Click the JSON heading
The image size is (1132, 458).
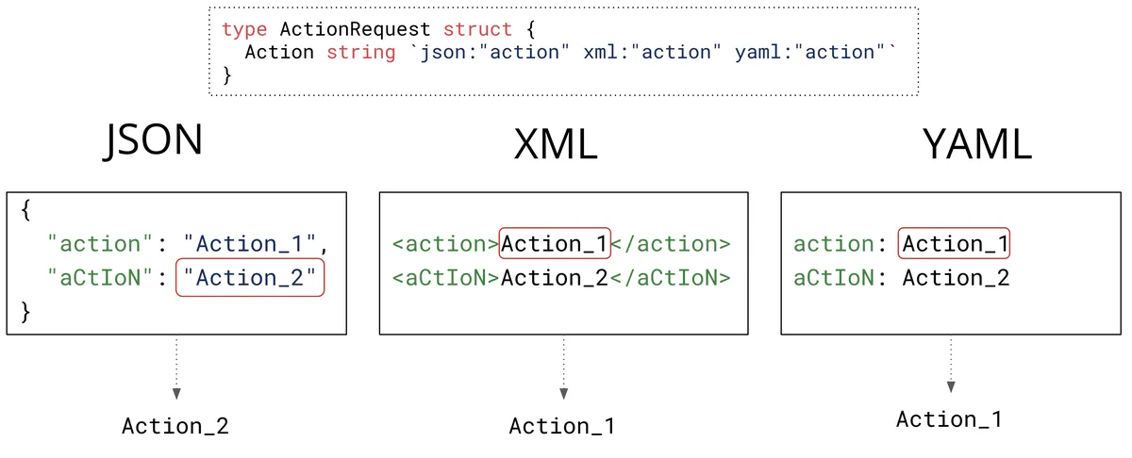[x=154, y=139]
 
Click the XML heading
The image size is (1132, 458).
[x=556, y=145]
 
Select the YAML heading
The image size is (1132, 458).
[x=976, y=145]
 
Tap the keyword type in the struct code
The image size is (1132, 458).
[x=244, y=29]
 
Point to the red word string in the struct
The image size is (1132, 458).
[x=360, y=52]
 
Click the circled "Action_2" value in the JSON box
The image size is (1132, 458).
[x=250, y=278]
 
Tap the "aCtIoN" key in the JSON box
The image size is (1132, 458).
[x=101, y=278]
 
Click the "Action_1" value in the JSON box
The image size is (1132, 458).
[x=250, y=244]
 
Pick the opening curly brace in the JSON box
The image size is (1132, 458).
[x=25, y=211]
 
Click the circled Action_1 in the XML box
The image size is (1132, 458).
[x=555, y=244]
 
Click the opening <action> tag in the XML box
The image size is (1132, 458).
[x=445, y=244]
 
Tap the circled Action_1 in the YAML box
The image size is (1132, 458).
[x=955, y=244]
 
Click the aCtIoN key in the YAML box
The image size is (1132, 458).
[x=834, y=278]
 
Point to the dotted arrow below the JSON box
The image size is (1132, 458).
[x=175, y=368]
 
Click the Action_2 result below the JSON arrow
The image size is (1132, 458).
[x=175, y=426]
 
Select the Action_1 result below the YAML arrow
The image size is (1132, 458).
[x=949, y=419]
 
